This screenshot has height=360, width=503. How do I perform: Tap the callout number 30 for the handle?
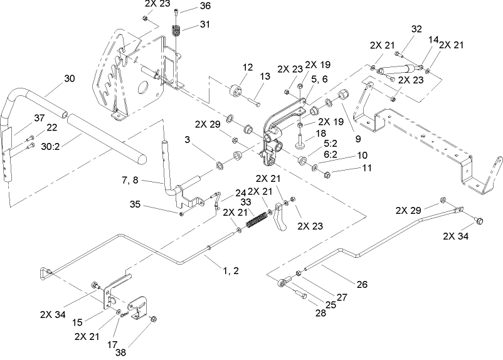(69, 79)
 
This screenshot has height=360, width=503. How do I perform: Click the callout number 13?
(265, 76)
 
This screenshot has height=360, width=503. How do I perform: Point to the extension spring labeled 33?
(256, 220)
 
